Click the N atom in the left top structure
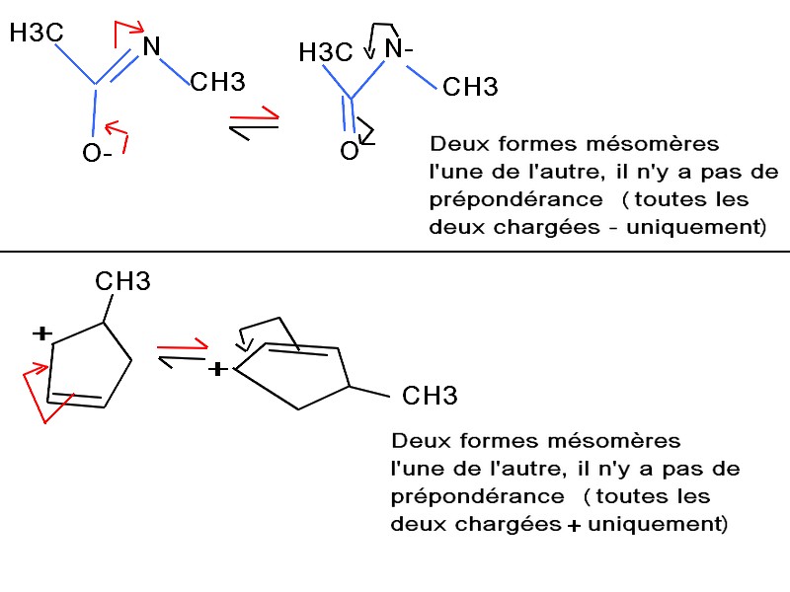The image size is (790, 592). point(151,45)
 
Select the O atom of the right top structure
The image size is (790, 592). point(349,151)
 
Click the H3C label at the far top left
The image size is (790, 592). point(37,34)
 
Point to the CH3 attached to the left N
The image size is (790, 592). point(216,82)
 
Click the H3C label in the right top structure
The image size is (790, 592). point(326,53)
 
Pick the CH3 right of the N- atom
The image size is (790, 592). point(470,89)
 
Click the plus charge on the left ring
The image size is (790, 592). point(40,334)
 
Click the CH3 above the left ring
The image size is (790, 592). point(122,282)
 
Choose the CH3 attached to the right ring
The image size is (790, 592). point(431,399)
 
